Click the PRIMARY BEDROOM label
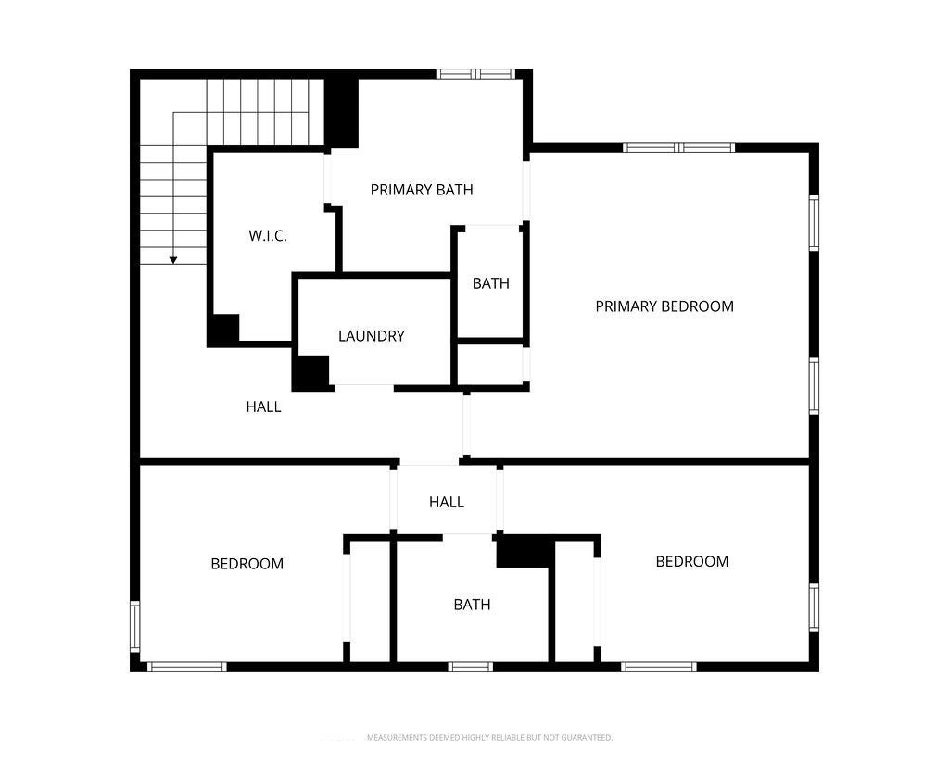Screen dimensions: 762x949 click(664, 306)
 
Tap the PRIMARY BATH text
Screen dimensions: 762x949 click(422, 190)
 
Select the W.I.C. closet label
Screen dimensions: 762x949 click(267, 236)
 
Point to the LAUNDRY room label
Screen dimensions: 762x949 click(371, 336)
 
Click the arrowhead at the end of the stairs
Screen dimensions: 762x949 click(173, 260)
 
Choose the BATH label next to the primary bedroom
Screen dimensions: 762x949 click(490, 283)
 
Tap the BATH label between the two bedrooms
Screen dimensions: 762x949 click(472, 605)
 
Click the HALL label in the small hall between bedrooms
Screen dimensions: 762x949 click(446, 502)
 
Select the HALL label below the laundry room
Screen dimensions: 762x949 click(263, 406)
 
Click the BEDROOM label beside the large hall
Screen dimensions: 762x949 click(247, 564)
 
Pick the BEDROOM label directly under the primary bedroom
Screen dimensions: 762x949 click(691, 561)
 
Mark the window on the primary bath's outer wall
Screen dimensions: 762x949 click(474, 74)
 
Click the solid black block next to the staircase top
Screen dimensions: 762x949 click(341, 112)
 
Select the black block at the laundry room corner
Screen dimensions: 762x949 click(311, 372)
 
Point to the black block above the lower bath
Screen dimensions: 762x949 click(525, 552)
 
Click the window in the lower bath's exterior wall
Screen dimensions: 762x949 click(471, 666)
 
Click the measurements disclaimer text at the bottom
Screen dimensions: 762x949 click(489, 738)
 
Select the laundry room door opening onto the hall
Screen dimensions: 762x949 click(363, 386)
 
